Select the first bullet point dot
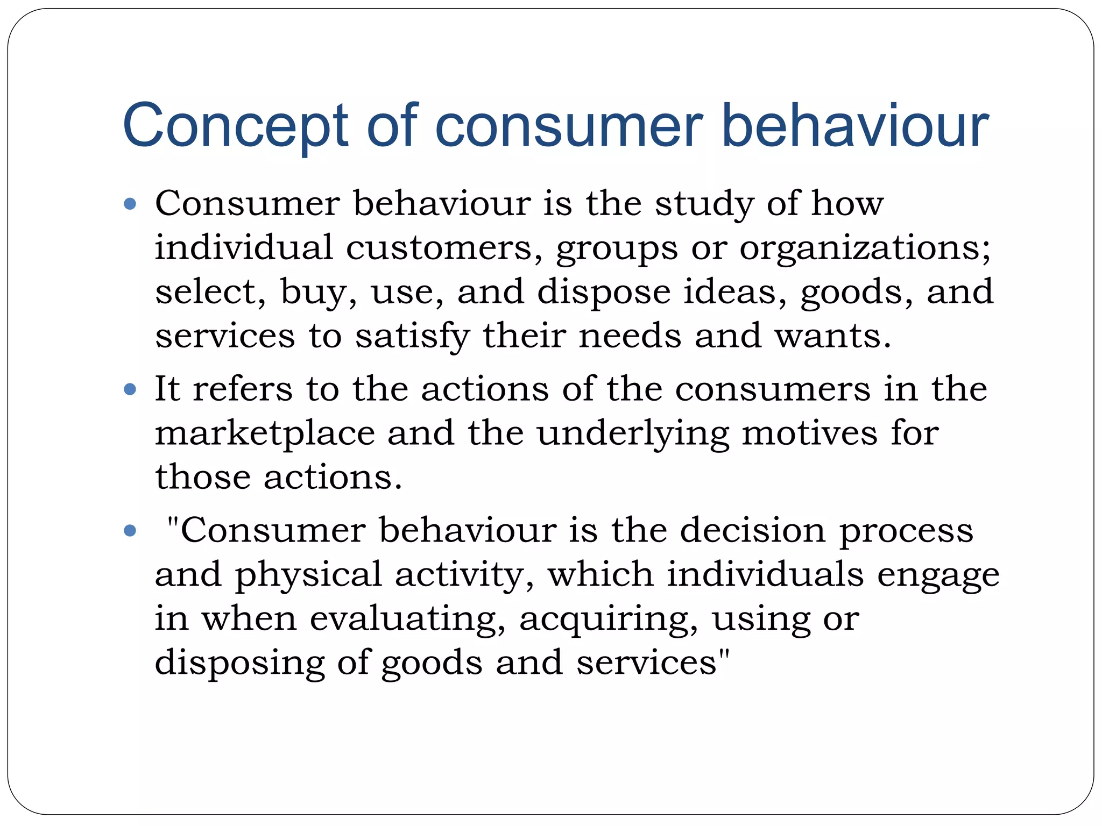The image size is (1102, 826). (x=130, y=204)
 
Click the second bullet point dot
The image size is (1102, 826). (x=130, y=389)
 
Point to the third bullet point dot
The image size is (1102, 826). (x=130, y=531)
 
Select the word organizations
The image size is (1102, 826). (x=864, y=248)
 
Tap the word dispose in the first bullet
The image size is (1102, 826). (x=604, y=293)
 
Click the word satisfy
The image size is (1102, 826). (x=412, y=337)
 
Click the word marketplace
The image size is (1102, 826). (x=265, y=433)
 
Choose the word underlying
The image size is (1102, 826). (x=633, y=433)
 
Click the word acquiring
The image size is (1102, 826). (x=608, y=619)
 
